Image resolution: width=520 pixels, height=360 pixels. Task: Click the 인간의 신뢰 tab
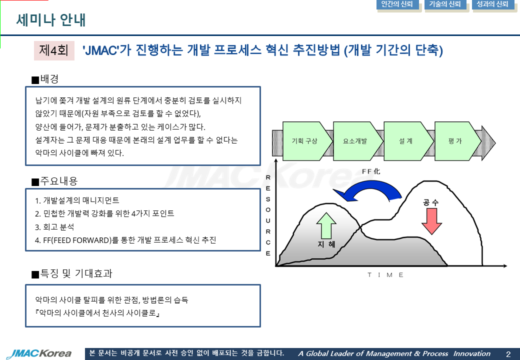pos(397,4)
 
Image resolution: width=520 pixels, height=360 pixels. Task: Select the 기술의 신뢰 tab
pos(445,4)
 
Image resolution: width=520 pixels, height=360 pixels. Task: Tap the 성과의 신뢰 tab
pos(493,4)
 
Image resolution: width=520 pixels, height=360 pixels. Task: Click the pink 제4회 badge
pos(54,50)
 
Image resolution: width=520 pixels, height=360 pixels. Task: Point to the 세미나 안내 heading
pos(50,20)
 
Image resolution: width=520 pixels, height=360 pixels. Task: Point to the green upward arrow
pos(326,225)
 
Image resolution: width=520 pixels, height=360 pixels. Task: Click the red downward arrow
pos(431,221)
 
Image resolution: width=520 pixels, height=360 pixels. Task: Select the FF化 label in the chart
pos(371,171)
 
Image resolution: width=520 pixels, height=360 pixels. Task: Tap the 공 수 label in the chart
pos(431,202)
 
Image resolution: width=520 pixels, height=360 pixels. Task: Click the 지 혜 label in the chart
pos(326,244)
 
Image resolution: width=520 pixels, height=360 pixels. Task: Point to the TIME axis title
pos(385,275)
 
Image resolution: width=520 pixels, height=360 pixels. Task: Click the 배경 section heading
pos(45,79)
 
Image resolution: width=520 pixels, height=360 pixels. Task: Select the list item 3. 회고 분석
pos(54,227)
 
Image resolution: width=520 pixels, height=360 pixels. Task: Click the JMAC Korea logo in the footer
pos(39,353)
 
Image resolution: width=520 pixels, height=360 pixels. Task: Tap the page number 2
pos(508,354)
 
